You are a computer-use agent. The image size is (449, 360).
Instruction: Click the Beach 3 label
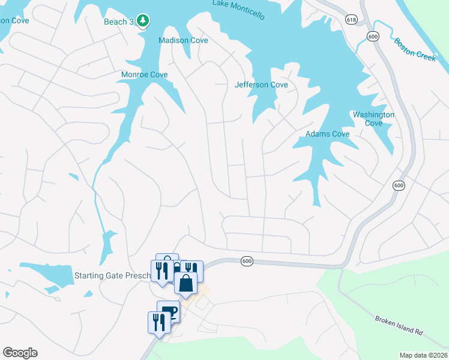click(x=118, y=22)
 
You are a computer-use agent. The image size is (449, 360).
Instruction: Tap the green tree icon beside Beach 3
click(x=142, y=22)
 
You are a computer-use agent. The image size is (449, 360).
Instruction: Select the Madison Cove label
click(x=183, y=40)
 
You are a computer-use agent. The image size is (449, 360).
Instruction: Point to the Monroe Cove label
click(x=145, y=75)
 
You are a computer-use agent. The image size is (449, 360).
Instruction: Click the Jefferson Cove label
click(x=261, y=85)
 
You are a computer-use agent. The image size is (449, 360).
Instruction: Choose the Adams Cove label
click(x=328, y=134)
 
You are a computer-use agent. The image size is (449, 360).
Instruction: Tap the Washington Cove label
click(x=373, y=119)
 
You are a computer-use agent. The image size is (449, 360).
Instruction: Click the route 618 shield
click(x=351, y=20)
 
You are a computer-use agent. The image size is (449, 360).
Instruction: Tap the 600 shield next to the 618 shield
click(x=373, y=37)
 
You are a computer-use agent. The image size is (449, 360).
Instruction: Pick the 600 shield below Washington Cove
click(x=399, y=185)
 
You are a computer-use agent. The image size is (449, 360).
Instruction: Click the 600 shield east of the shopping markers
click(x=247, y=261)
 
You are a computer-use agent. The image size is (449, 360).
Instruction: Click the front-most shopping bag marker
click(x=186, y=283)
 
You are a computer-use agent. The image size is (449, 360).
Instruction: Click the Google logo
click(x=20, y=353)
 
